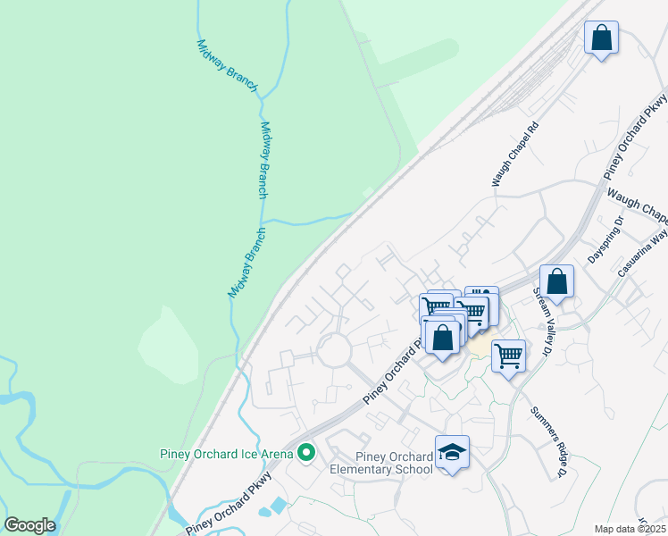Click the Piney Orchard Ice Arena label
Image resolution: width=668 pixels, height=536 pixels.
click(226, 454)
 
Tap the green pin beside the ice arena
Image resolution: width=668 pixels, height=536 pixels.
click(306, 454)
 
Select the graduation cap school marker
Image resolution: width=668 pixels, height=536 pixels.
click(452, 453)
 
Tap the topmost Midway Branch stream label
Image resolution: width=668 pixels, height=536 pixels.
click(227, 65)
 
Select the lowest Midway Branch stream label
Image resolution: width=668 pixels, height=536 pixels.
click(246, 263)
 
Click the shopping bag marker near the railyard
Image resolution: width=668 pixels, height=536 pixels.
click(601, 38)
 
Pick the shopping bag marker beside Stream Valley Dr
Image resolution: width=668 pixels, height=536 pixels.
click(556, 282)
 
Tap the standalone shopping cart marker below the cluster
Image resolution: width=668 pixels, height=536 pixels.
click(508, 356)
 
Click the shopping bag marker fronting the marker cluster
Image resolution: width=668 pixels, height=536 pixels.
click(441, 338)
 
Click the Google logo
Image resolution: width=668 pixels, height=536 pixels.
click(29, 525)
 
